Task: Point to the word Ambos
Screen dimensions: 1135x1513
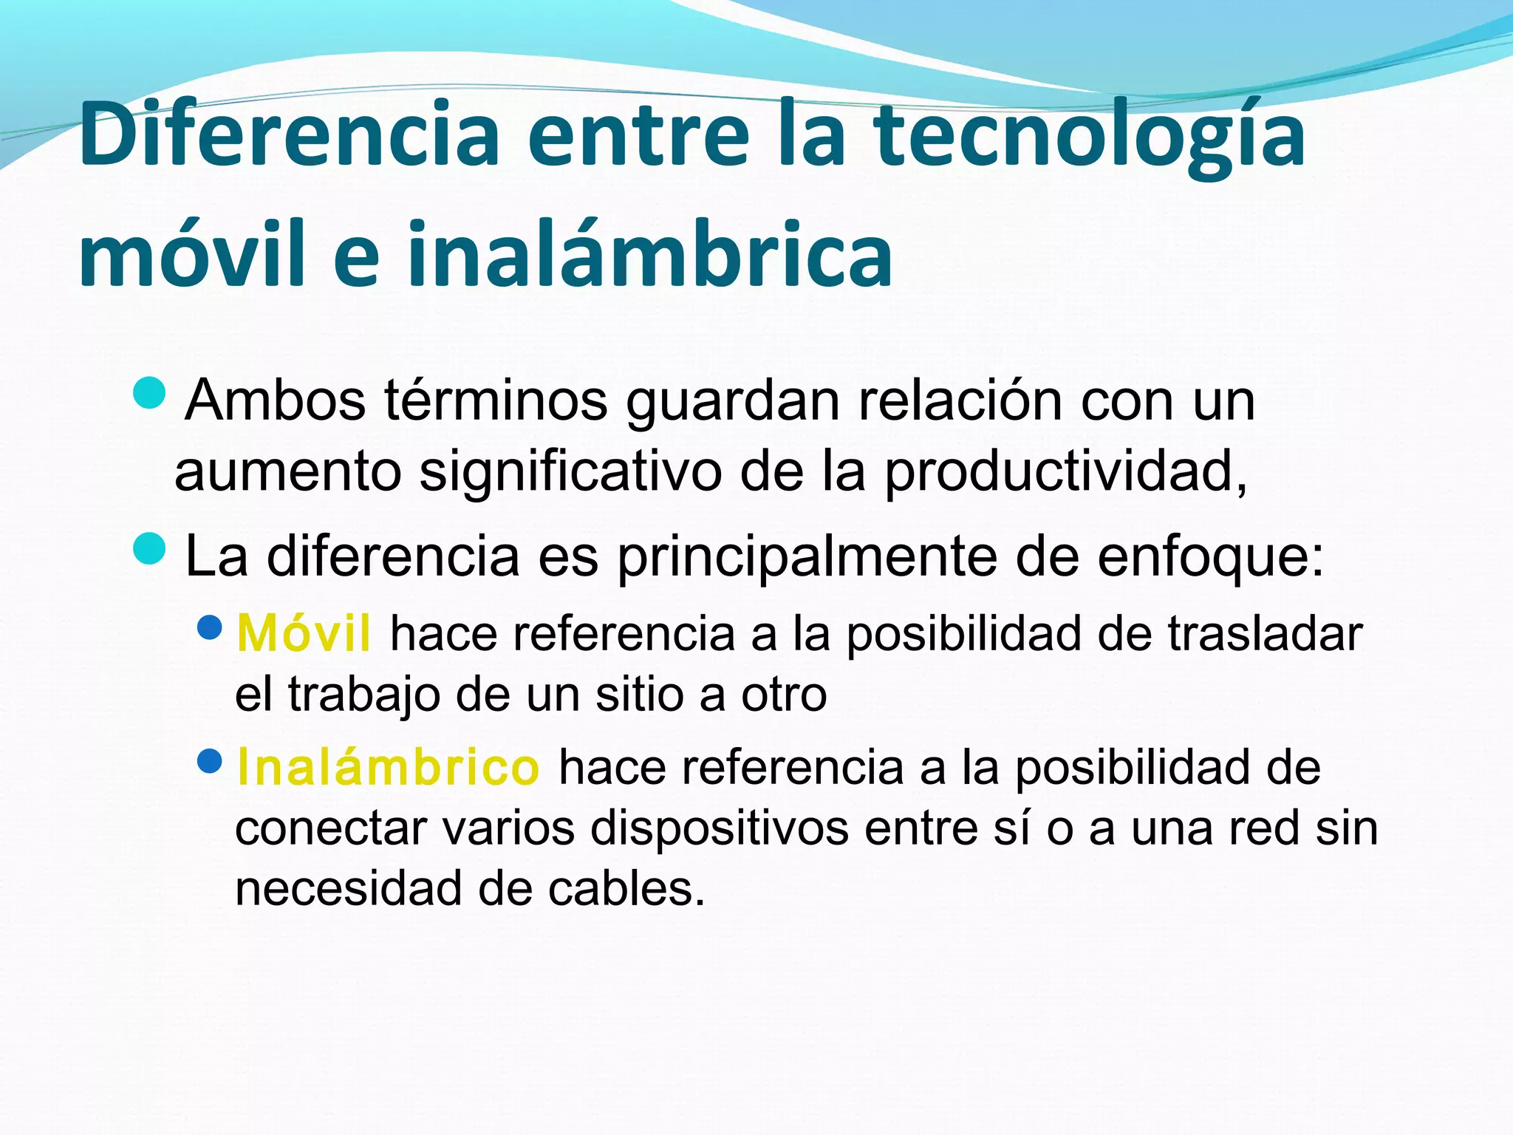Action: (276, 401)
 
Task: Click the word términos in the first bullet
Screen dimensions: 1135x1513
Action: (496, 401)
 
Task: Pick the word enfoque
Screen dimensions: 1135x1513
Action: (1211, 558)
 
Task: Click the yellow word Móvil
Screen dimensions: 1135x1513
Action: (304, 634)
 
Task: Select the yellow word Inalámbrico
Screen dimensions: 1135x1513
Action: (388, 768)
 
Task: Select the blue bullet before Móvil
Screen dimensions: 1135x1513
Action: (211, 628)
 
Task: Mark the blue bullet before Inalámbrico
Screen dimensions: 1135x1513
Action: (211, 760)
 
